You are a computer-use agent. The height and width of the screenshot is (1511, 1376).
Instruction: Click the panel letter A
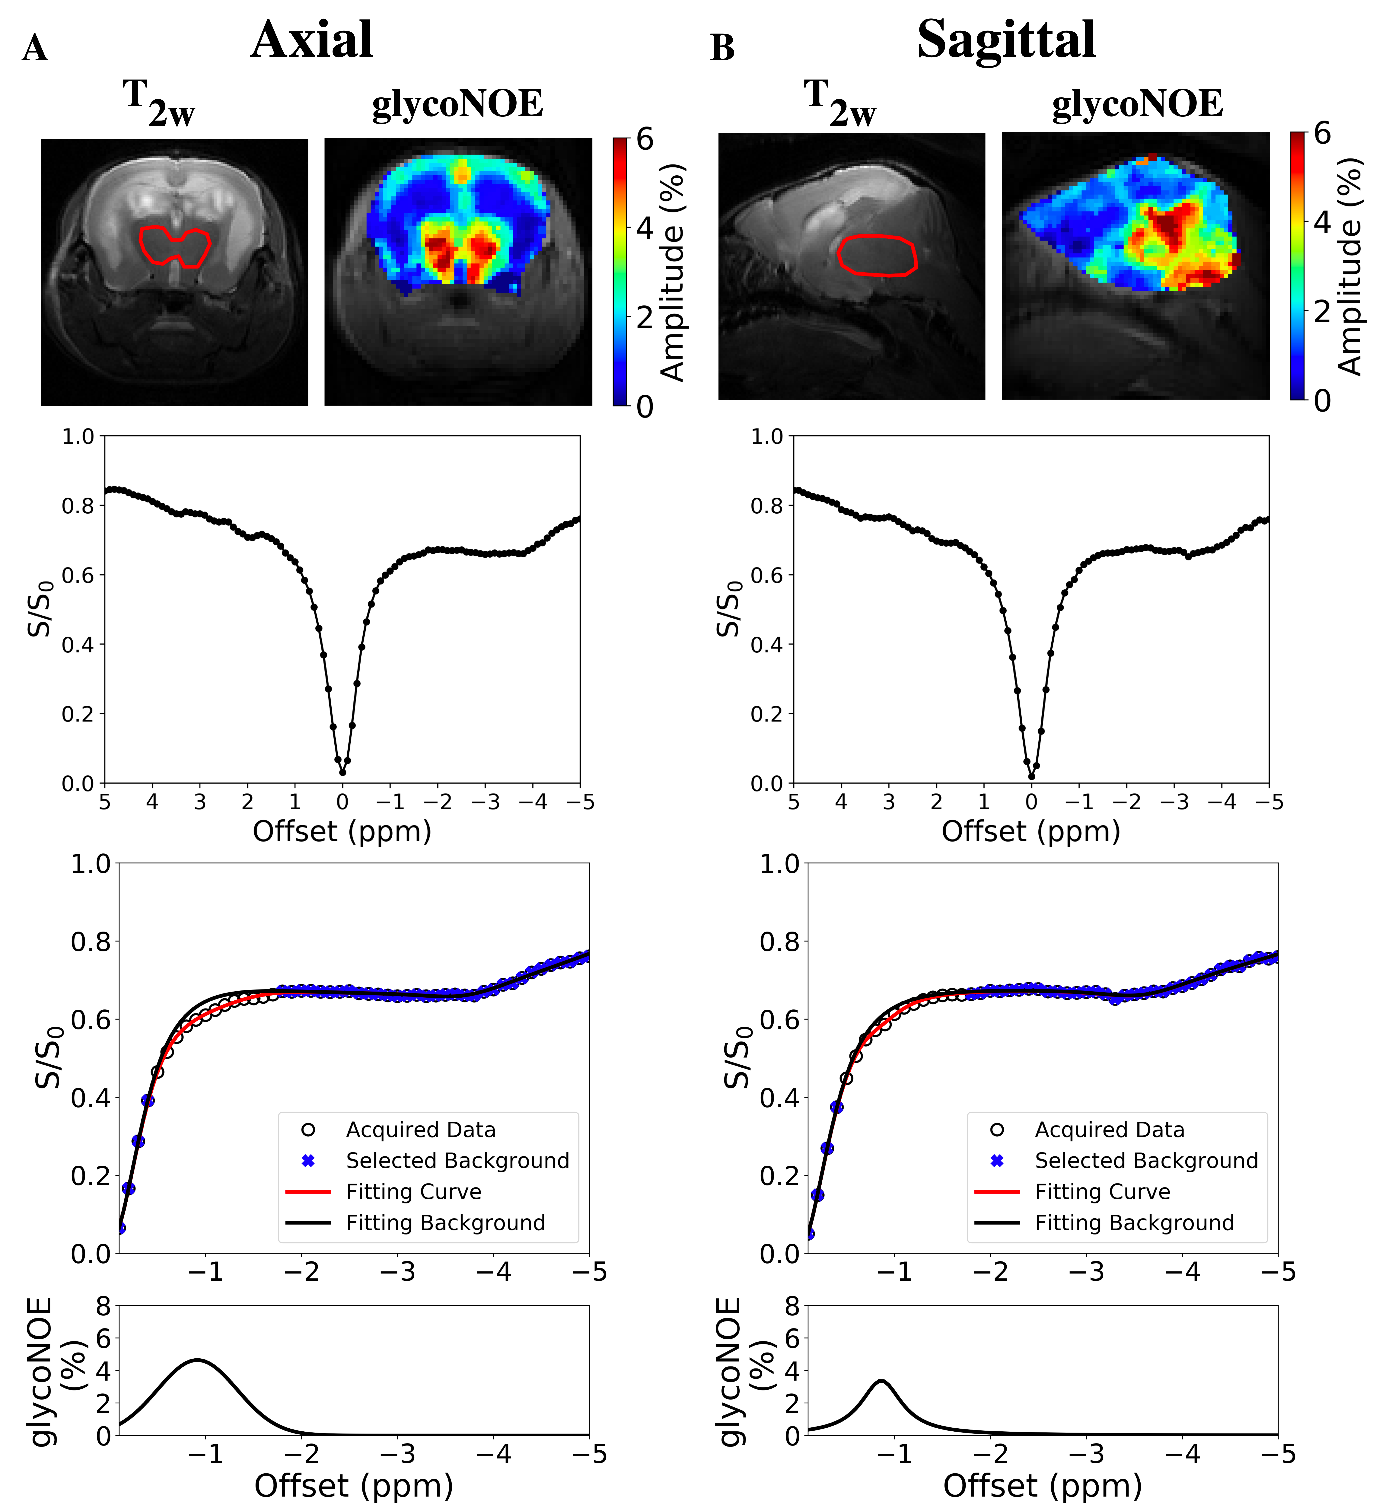[x=35, y=49]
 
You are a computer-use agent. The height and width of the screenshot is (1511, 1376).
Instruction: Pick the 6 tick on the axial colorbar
[x=645, y=139]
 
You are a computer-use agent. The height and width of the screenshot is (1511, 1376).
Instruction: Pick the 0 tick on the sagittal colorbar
[x=1323, y=401]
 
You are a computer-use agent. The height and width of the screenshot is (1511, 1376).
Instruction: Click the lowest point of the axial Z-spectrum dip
[x=342, y=772]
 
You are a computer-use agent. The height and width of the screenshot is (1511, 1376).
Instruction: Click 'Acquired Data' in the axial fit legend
[x=420, y=1130]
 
